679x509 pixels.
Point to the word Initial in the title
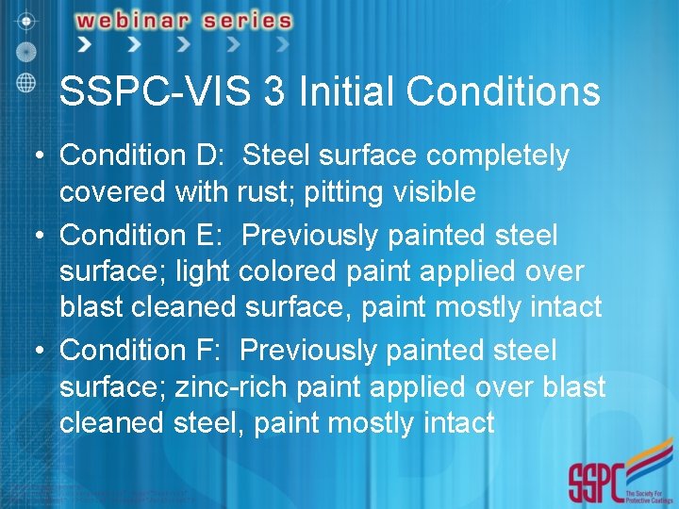[342, 92]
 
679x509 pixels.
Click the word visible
[436, 192]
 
